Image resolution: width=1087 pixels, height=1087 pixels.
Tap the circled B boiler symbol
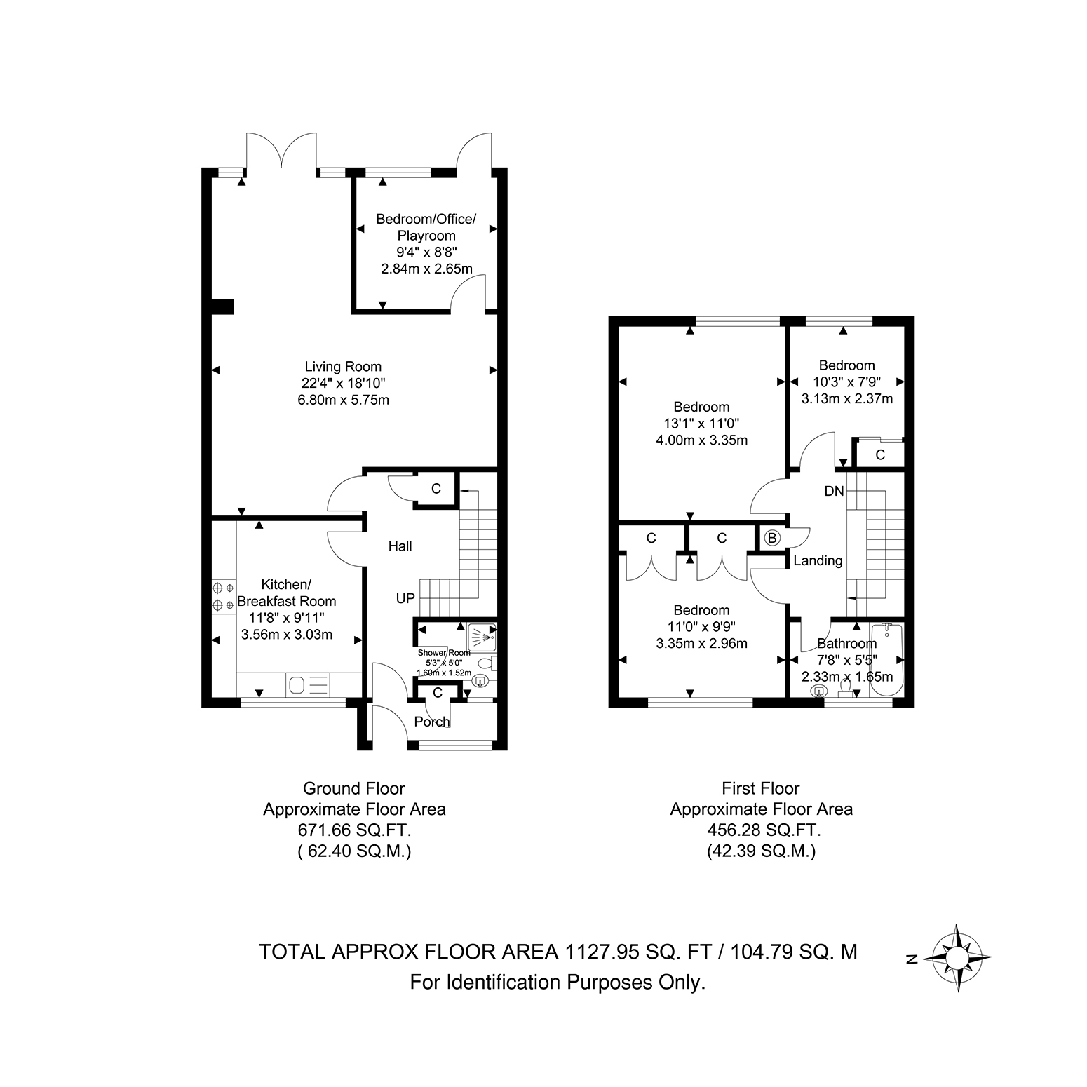(772, 538)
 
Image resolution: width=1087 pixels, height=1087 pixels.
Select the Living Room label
(343, 366)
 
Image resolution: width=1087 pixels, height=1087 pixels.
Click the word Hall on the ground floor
(400, 546)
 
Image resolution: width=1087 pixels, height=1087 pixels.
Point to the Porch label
(431, 722)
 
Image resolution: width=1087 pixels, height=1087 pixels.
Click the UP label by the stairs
(405, 598)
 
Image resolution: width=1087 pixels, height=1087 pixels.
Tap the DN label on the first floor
(835, 491)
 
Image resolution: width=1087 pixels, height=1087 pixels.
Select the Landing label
(818, 560)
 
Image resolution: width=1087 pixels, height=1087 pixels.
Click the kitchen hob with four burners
(224, 595)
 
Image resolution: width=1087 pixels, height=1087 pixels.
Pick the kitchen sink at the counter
(309, 685)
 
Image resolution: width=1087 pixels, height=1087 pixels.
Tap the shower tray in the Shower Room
(480, 637)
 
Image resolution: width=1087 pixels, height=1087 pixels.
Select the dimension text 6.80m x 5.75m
(343, 400)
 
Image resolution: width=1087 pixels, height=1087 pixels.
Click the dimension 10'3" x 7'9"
(847, 382)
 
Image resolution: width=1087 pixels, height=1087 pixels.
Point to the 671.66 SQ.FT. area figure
(354, 830)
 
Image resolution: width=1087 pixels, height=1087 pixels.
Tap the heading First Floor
(761, 788)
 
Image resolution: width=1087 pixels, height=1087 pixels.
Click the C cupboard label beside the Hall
(436, 489)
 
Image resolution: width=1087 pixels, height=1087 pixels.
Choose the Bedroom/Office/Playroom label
(426, 227)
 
